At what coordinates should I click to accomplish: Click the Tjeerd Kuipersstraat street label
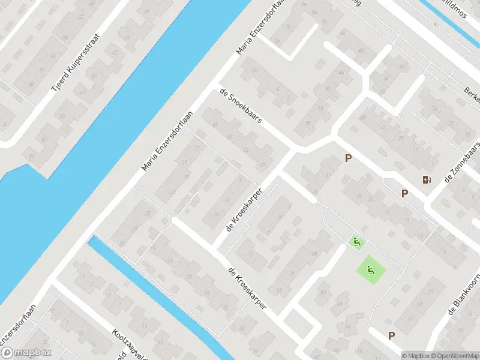(76, 62)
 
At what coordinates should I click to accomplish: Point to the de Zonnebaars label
(461, 163)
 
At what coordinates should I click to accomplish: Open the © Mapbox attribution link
(416, 356)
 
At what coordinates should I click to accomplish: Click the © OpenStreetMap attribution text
(455, 356)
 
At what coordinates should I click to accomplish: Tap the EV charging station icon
(427, 179)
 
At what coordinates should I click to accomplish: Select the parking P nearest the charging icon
(404, 193)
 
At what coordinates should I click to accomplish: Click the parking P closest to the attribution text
(392, 336)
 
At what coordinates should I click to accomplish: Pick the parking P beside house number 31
(347, 158)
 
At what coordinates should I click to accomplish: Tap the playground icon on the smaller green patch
(356, 242)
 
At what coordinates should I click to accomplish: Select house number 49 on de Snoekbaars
(215, 125)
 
